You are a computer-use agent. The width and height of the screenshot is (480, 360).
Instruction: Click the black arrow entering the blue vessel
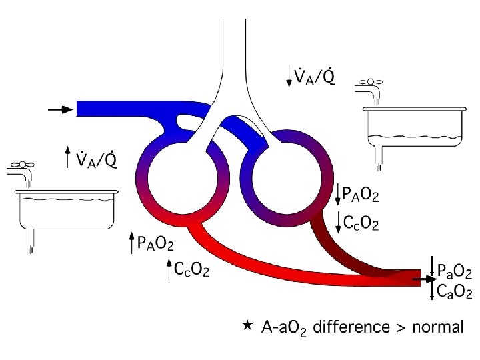[x=61, y=109]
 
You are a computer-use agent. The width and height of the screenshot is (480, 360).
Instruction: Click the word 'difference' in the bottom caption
[x=351, y=327]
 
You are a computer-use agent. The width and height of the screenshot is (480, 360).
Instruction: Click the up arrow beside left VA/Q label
[x=67, y=157]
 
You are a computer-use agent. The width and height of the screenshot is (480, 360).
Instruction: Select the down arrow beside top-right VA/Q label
[x=288, y=76]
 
